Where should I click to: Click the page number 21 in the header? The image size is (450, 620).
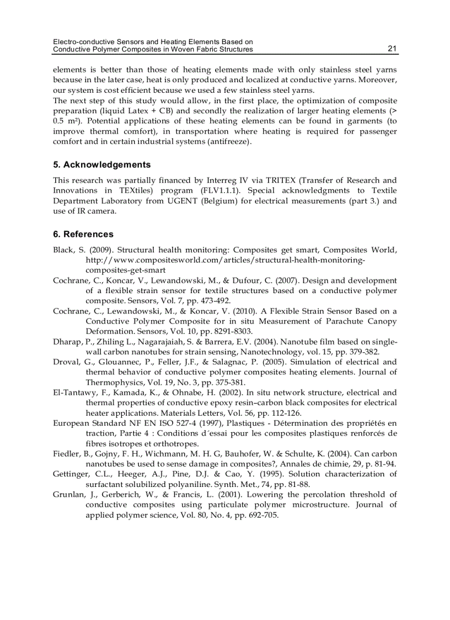pos(392,49)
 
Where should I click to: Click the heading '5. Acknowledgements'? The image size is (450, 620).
pos(102,165)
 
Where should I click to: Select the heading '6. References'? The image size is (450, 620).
pos(83,234)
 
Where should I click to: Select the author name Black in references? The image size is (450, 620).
pos(64,250)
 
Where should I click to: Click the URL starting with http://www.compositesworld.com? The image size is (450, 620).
pos(226,260)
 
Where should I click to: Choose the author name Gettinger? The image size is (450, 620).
pos(71,474)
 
